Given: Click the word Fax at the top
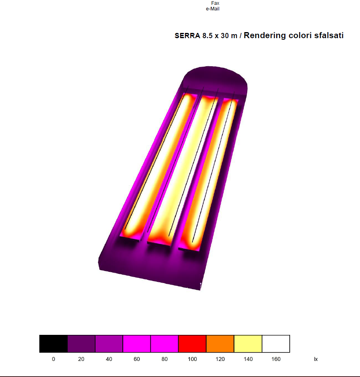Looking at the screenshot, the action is (215, 3).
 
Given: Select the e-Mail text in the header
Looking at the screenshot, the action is (213, 9).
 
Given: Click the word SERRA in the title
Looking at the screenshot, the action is (187, 36).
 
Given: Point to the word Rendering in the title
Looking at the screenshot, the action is (264, 36).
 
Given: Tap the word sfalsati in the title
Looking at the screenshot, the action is (329, 35).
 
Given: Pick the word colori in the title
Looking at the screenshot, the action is (300, 35).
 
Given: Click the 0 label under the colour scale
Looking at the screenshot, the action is (53, 359).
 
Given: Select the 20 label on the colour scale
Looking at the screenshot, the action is (81, 359).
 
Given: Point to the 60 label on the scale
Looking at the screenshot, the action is (137, 359).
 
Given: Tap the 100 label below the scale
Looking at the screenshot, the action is (192, 359).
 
